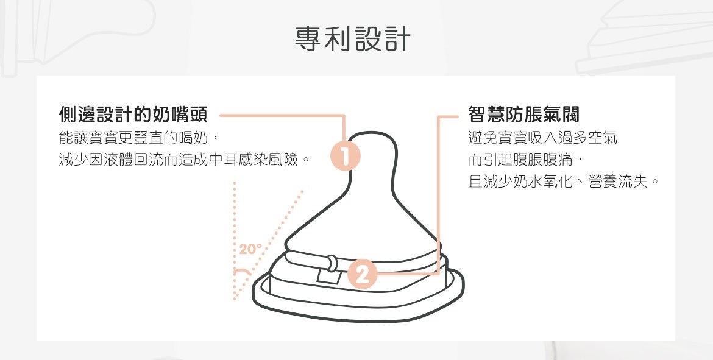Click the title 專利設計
pos(353,38)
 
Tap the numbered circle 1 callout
pos(345,158)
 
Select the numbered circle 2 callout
pos(363,275)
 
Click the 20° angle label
pos(250,249)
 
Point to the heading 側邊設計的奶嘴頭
pos(133,114)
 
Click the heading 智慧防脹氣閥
pos(523,114)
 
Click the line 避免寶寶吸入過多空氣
pos(542,138)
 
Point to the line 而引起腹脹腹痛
pos(525,160)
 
